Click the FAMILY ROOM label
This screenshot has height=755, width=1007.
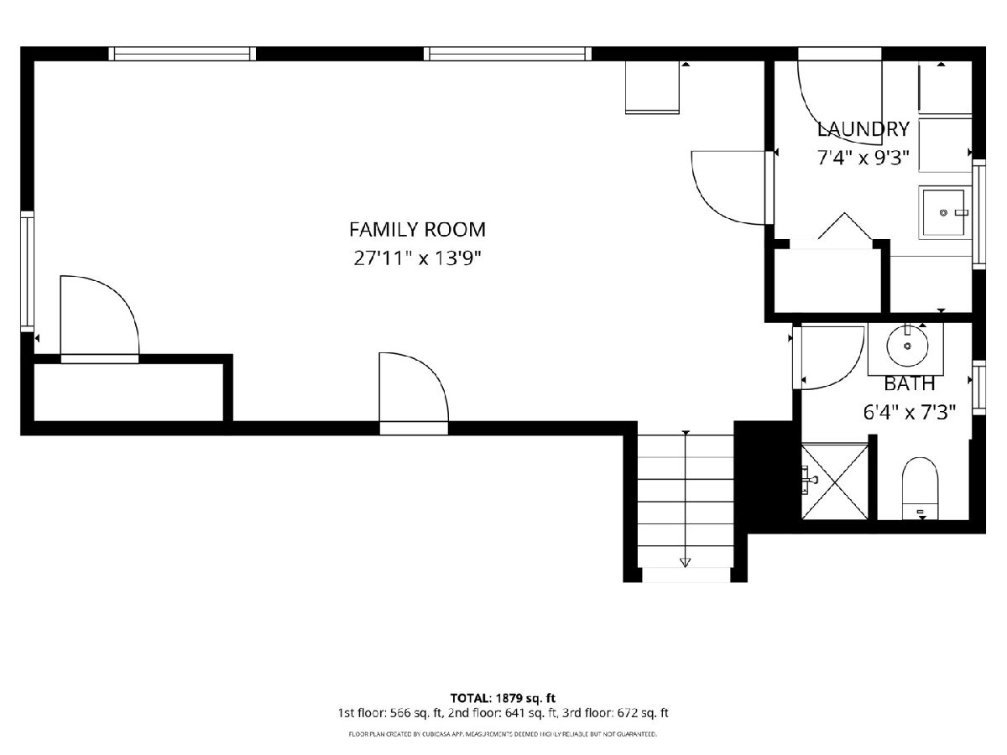pos(417,230)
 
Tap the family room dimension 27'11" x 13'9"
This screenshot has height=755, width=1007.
pos(417,258)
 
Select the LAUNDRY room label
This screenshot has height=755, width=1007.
pos(863,129)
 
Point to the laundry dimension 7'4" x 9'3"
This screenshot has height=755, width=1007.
pos(863,159)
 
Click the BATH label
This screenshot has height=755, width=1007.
pos(910,384)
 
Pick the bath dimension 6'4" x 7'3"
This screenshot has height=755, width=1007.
pos(910,413)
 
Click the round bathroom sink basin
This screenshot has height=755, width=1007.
pos(907,346)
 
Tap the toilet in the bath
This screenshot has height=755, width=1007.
pos(920,488)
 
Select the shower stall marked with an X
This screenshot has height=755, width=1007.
pos(834,482)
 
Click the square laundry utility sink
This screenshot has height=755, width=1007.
pos(945,212)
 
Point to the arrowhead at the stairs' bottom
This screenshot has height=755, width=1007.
pos(685,562)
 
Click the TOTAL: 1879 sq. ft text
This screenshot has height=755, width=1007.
pos(503,699)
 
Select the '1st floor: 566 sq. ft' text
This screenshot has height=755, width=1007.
pos(390,713)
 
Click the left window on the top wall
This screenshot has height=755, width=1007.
pos(182,54)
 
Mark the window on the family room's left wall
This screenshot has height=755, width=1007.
pos(27,271)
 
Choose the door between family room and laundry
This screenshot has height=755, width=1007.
pos(729,187)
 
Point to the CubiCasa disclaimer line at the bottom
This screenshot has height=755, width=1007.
pos(503,735)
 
